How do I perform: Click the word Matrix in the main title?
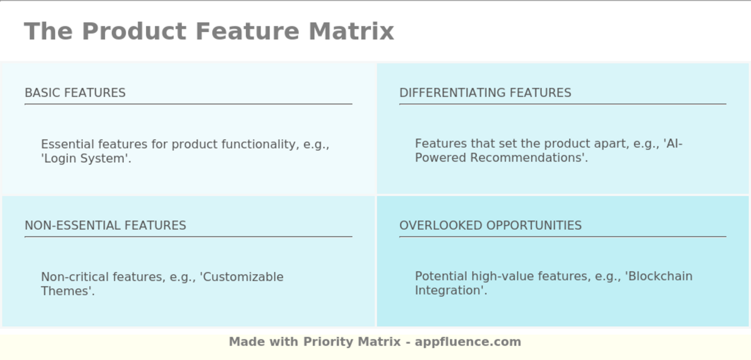(x=351, y=31)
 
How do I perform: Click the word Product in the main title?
(x=134, y=31)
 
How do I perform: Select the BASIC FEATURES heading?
(x=75, y=92)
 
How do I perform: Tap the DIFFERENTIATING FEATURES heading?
(x=485, y=92)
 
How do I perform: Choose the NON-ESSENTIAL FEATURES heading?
(x=105, y=225)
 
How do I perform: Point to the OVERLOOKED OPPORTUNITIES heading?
(x=490, y=225)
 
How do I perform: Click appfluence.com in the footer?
(x=468, y=342)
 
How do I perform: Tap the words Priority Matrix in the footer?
(x=352, y=342)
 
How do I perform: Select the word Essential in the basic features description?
(x=67, y=144)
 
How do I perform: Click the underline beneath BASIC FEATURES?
(x=188, y=104)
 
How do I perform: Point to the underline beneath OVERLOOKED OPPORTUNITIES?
(x=563, y=237)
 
